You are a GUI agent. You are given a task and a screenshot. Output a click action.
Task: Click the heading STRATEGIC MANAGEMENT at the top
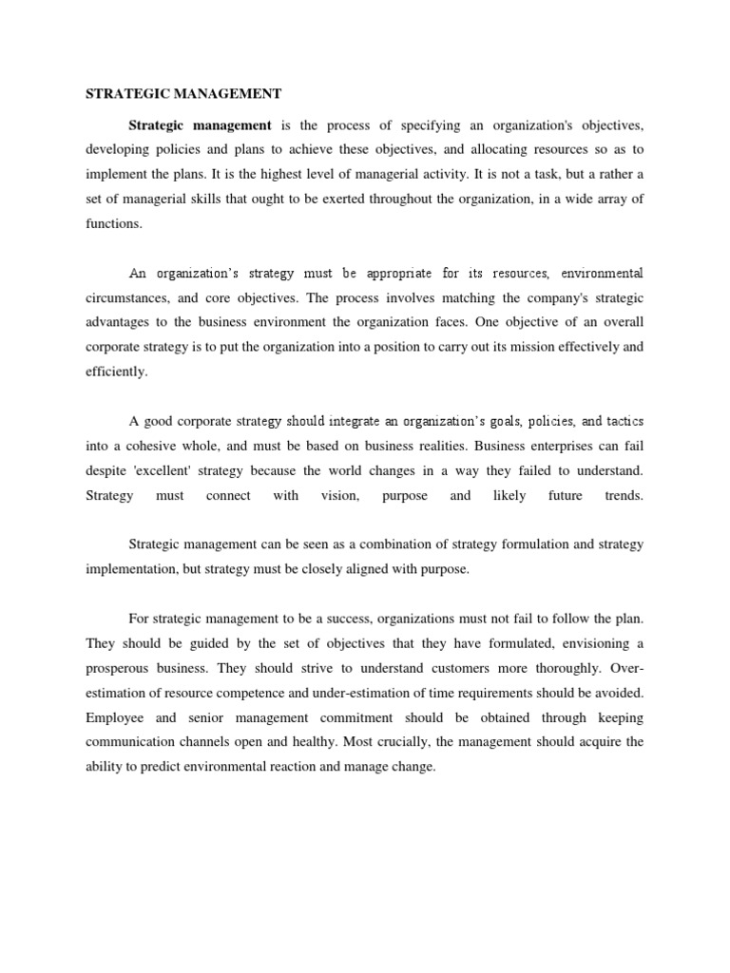(183, 93)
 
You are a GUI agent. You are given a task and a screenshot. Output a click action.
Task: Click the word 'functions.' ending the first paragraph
(113, 224)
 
